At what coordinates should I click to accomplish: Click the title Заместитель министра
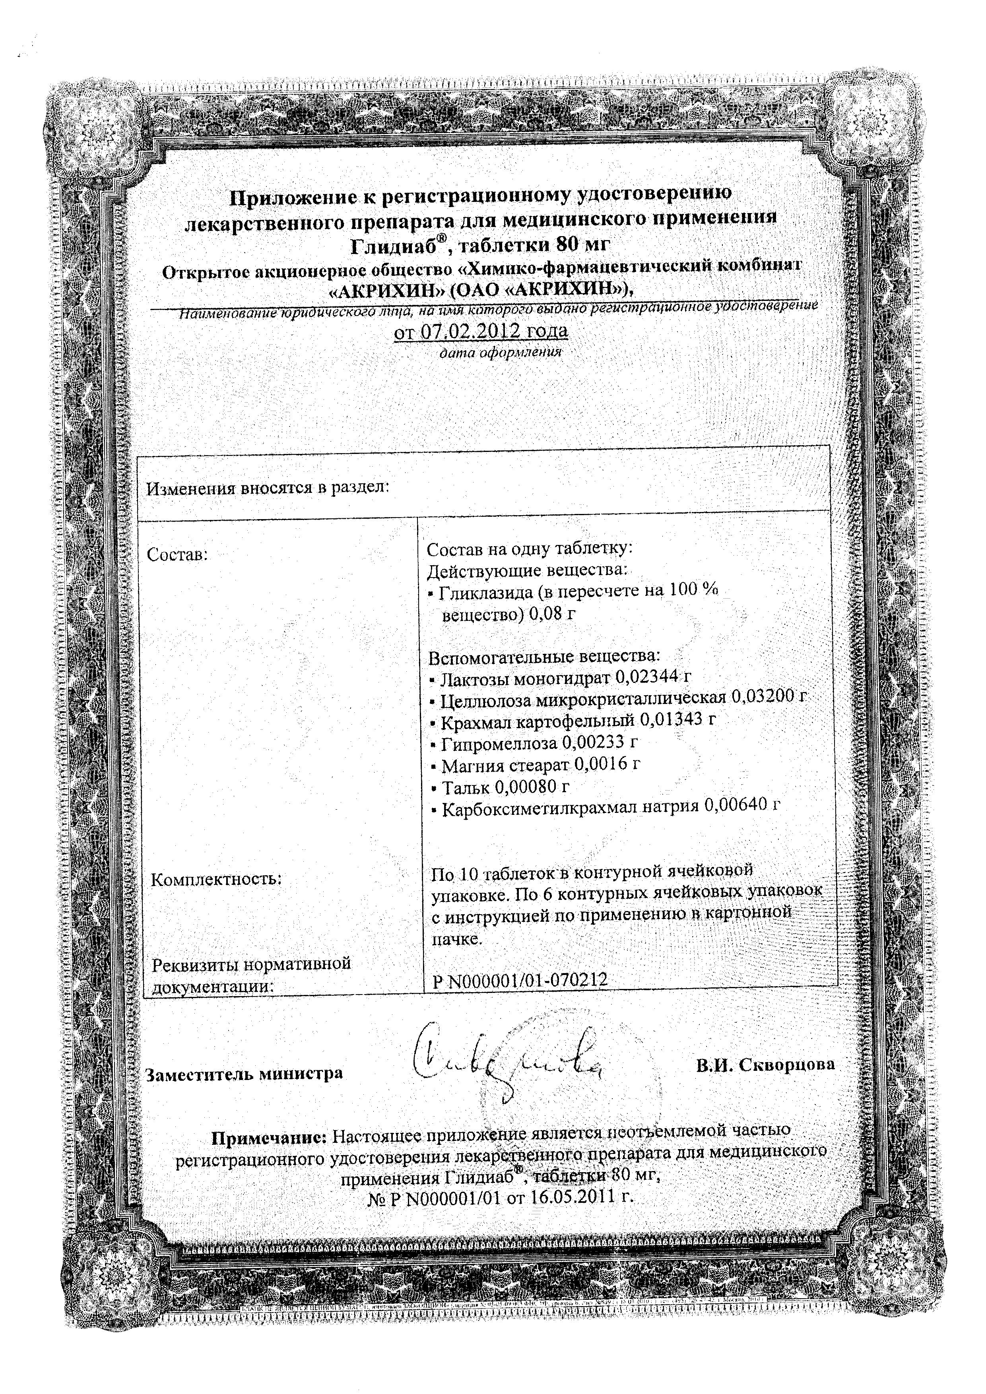pyautogui.click(x=244, y=1074)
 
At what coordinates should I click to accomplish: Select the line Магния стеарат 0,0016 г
pyautogui.click(x=535, y=764)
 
